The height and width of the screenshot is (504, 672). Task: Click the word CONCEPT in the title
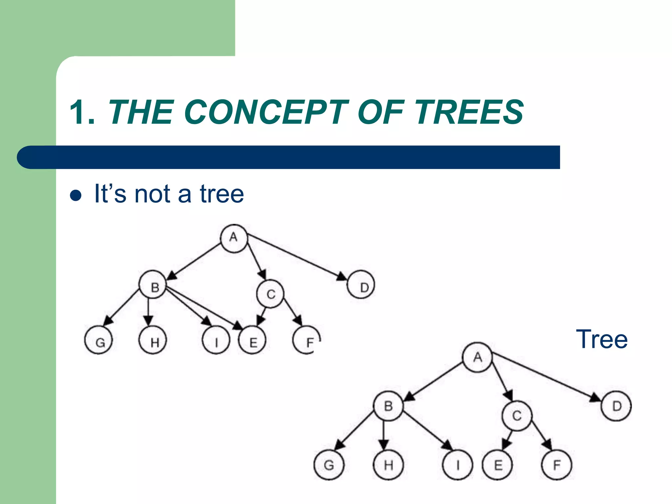266,112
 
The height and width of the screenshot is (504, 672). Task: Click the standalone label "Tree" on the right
601,339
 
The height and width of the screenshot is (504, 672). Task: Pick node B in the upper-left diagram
153,285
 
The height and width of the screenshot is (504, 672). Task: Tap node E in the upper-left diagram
252,340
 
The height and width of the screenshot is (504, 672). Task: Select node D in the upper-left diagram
361,284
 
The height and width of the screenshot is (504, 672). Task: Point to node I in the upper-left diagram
216,340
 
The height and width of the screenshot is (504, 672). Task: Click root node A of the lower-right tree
477,357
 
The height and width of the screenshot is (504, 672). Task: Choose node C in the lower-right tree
517,416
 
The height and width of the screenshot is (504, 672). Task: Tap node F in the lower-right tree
556,465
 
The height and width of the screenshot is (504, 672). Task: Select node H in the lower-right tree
388,465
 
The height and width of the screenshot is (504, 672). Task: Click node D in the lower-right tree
617,406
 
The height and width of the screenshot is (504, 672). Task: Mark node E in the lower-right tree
497,465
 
